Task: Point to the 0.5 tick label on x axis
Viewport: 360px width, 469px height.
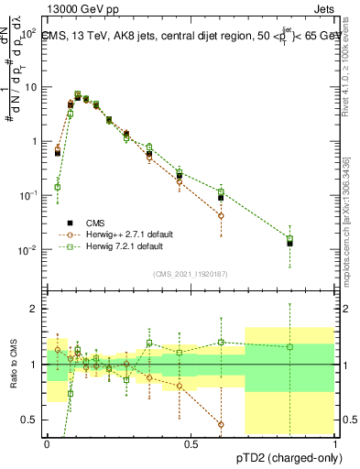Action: click(x=191, y=443)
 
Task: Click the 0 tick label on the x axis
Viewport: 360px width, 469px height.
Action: click(x=47, y=443)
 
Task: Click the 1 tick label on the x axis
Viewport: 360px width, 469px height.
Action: click(x=335, y=443)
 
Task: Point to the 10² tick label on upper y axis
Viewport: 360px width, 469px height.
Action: click(x=30, y=33)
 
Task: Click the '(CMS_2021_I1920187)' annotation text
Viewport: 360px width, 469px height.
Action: click(x=191, y=273)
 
